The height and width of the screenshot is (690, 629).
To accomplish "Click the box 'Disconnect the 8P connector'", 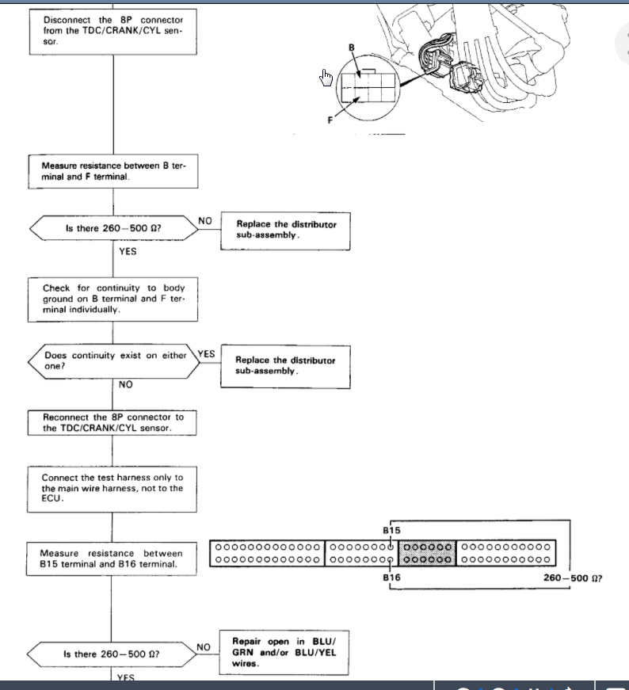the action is [x=113, y=32].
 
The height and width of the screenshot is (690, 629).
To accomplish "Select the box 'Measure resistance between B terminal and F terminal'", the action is [x=113, y=171].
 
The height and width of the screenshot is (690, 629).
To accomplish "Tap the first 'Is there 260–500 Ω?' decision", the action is [x=113, y=228].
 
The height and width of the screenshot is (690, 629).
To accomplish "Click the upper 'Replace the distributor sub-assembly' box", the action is [x=286, y=231].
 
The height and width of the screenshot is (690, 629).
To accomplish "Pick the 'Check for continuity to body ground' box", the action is [x=112, y=299].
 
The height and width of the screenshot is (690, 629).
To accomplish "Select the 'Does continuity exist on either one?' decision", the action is [x=113, y=361].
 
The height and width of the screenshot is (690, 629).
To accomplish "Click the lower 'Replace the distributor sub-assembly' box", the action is [x=286, y=367].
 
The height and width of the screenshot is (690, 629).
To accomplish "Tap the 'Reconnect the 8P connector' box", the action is [x=112, y=423].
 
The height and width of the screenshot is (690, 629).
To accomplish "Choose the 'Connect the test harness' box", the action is [x=112, y=490].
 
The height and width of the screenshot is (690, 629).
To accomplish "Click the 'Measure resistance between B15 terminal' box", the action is [x=112, y=558].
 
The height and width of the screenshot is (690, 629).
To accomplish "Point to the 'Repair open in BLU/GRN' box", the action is [x=284, y=653].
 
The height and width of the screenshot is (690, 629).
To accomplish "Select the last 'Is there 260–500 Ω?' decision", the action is [x=112, y=654].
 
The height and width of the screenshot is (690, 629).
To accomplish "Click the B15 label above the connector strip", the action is [x=391, y=530].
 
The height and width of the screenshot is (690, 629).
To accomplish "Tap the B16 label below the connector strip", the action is [x=391, y=578].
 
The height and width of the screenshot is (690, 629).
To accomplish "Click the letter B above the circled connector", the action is [x=351, y=48].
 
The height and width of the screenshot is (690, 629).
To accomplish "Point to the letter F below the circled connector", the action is [x=330, y=120].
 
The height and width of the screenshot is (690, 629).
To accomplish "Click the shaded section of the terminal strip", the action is [x=427, y=553].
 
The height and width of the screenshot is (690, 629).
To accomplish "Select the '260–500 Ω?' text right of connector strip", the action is [x=573, y=578].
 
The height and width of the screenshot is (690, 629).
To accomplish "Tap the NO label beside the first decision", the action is [x=204, y=221].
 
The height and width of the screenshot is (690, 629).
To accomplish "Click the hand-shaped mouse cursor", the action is [x=326, y=78].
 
